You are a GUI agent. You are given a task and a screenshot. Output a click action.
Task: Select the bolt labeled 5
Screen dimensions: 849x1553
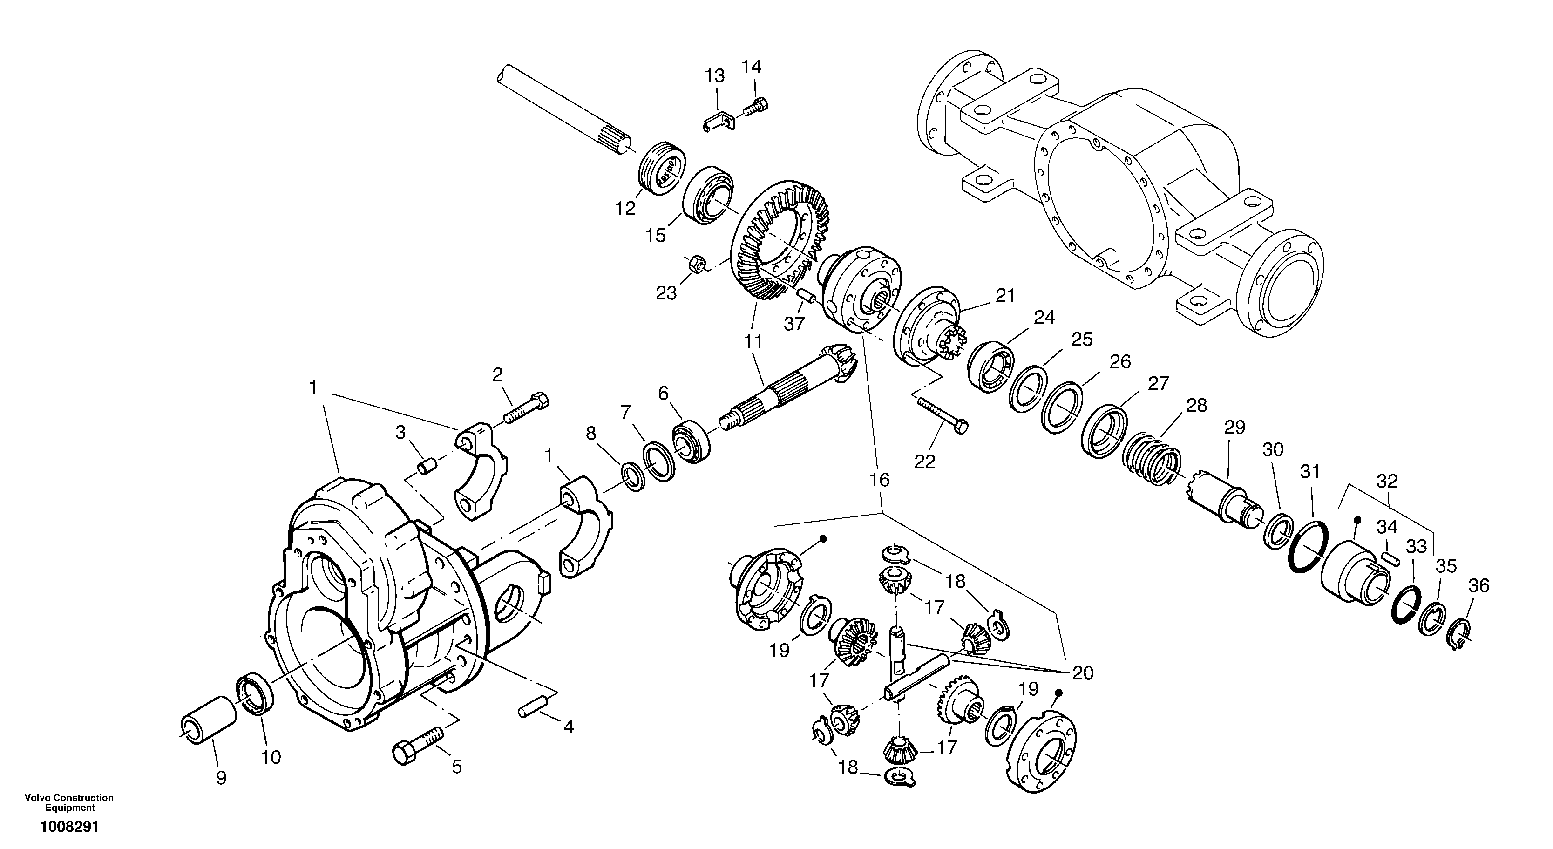(x=417, y=745)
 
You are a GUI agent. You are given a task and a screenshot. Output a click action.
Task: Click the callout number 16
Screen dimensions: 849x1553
(x=880, y=480)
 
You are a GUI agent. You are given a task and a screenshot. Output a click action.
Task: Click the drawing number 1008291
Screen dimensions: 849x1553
(x=69, y=827)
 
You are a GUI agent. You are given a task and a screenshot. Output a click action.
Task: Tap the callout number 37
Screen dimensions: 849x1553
(x=794, y=324)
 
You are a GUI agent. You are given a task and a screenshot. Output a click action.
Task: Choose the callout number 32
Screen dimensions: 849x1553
(x=1387, y=481)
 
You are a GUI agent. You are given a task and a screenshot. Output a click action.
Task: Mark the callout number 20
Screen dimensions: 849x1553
(x=1083, y=673)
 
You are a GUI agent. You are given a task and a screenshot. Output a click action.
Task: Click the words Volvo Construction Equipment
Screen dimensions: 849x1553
(x=69, y=802)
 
